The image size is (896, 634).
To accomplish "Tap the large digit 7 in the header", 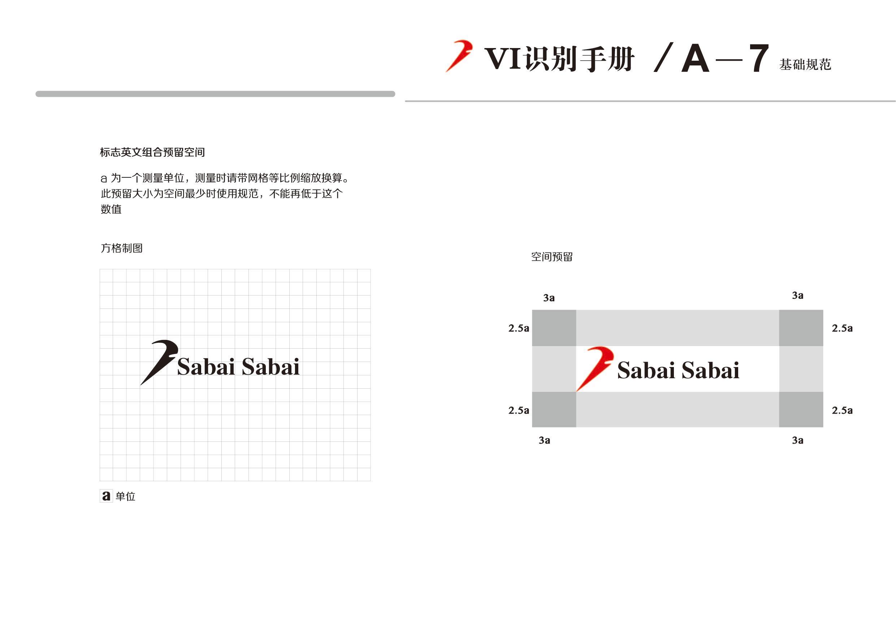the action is pyautogui.click(x=759, y=59).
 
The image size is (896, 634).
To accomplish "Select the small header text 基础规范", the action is pyautogui.click(x=805, y=64).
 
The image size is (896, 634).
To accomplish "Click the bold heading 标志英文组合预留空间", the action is pyautogui.click(x=152, y=152).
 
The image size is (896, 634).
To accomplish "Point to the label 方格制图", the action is pyautogui.click(x=122, y=248).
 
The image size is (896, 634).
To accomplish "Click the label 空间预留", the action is pyautogui.click(x=552, y=257).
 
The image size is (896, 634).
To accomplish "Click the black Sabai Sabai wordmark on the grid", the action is pyautogui.click(x=238, y=367).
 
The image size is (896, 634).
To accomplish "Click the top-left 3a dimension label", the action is pyautogui.click(x=549, y=298).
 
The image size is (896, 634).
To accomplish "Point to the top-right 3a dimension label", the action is pyautogui.click(x=798, y=296).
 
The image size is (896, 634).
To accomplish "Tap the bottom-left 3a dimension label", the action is pyautogui.click(x=544, y=440).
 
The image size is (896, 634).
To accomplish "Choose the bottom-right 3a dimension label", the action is pyautogui.click(x=798, y=440).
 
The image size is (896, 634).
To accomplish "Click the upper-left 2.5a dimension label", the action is pyautogui.click(x=519, y=328).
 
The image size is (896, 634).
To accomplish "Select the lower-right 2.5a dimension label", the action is pyautogui.click(x=842, y=410).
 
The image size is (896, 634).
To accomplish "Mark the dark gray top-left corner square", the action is pyautogui.click(x=554, y=328).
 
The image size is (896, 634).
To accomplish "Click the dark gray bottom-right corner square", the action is pyautogui.click(x=801, y=410).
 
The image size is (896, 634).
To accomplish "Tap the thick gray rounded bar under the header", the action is pyautogui.click(x=215, y=94).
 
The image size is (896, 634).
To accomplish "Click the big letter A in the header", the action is pyautogui.click(x=696, y=59).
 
